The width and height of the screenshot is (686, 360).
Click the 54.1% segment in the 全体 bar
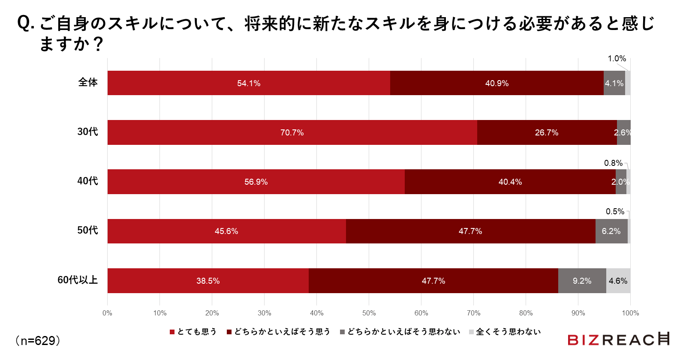(x=249, y=83)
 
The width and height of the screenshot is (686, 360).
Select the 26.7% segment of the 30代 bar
(x=547, y=132)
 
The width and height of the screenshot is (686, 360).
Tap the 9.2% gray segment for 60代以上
(x=582, y=281)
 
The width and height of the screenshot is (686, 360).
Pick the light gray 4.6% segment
(x=618, y=281)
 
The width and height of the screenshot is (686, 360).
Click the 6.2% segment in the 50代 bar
(x=611, y=231)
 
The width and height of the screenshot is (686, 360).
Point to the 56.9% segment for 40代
(x=256, y=182)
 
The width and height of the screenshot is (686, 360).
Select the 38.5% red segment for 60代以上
(x=208, y=281)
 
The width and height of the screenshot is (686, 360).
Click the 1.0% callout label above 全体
(x=617, y=59)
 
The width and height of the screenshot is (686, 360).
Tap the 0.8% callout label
(x=613, y=163)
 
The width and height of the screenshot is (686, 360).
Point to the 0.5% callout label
(x=615, y=211)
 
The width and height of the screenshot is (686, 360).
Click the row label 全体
(x=88, y=82)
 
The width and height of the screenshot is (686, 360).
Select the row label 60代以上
(x=78, y=280)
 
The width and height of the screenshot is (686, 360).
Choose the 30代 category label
(x=87, y=132)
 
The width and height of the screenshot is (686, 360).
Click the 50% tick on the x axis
(x=369, y=313)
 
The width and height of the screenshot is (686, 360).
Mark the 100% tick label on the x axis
(x=630, y=313)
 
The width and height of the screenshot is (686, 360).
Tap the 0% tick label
(x=107, y=313)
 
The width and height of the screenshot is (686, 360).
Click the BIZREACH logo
(x=618, y=339)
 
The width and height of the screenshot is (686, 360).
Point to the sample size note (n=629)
(x=38, y=341)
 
